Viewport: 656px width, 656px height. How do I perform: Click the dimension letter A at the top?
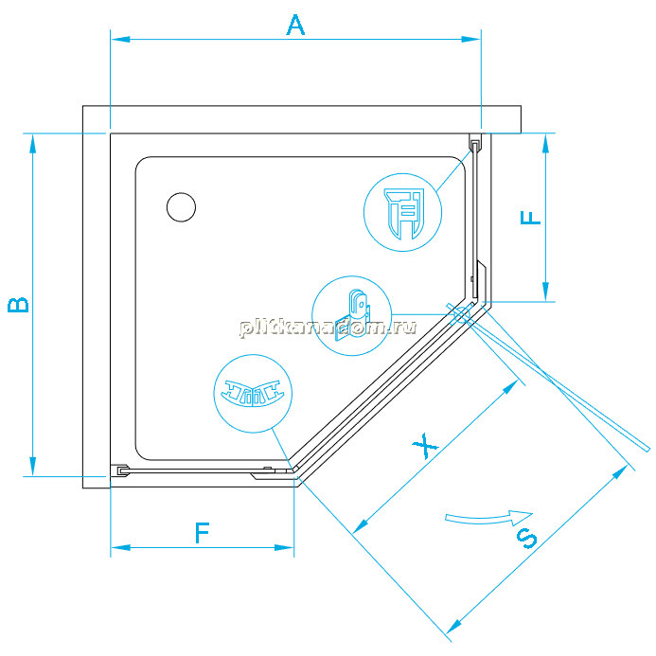coord(295,25)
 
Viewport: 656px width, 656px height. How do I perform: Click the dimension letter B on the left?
coord(18,305)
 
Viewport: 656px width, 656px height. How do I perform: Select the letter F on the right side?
coord(530,218)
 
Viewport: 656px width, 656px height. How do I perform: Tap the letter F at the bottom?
coord(202,533)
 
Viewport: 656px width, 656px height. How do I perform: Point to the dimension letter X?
coord(425,446)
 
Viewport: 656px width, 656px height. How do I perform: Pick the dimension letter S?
coord(526,539)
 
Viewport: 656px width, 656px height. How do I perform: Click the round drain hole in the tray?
coord(181,207)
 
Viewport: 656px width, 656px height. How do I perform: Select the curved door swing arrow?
coord(488,519)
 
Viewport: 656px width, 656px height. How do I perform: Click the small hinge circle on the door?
coord(461,314)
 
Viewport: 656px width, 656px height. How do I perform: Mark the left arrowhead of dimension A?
coord(120,40)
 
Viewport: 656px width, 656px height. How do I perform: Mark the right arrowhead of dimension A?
coord(471,40)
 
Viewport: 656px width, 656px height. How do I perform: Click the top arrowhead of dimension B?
coord(32,143)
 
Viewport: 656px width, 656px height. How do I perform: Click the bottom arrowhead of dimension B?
coord(32,467)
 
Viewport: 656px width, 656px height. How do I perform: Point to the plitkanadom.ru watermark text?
coord(328,328)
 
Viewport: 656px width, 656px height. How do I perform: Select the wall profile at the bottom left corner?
coord(120,470)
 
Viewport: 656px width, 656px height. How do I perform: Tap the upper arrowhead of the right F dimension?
coord(545,143)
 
